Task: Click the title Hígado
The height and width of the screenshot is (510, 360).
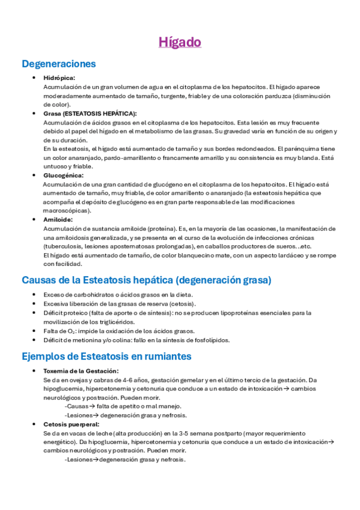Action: (180, 42)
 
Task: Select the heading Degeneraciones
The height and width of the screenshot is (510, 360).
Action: (58, 64)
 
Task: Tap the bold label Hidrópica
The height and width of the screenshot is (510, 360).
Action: (59, 78)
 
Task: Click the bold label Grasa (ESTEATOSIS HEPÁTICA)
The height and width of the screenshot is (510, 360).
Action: (90, 113)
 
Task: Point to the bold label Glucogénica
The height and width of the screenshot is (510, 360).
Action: (63, 175)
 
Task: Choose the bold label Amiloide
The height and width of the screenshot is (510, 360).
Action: (58, 220)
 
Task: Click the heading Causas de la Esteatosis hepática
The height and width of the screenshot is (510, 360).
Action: (146, 280)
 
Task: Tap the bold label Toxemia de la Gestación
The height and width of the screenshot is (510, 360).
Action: (81, 371)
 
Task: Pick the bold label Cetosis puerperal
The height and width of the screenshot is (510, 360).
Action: (70, 424)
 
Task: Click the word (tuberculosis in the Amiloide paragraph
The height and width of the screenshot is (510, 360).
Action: (61, 247)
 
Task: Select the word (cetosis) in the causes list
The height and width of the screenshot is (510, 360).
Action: (181, 304)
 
